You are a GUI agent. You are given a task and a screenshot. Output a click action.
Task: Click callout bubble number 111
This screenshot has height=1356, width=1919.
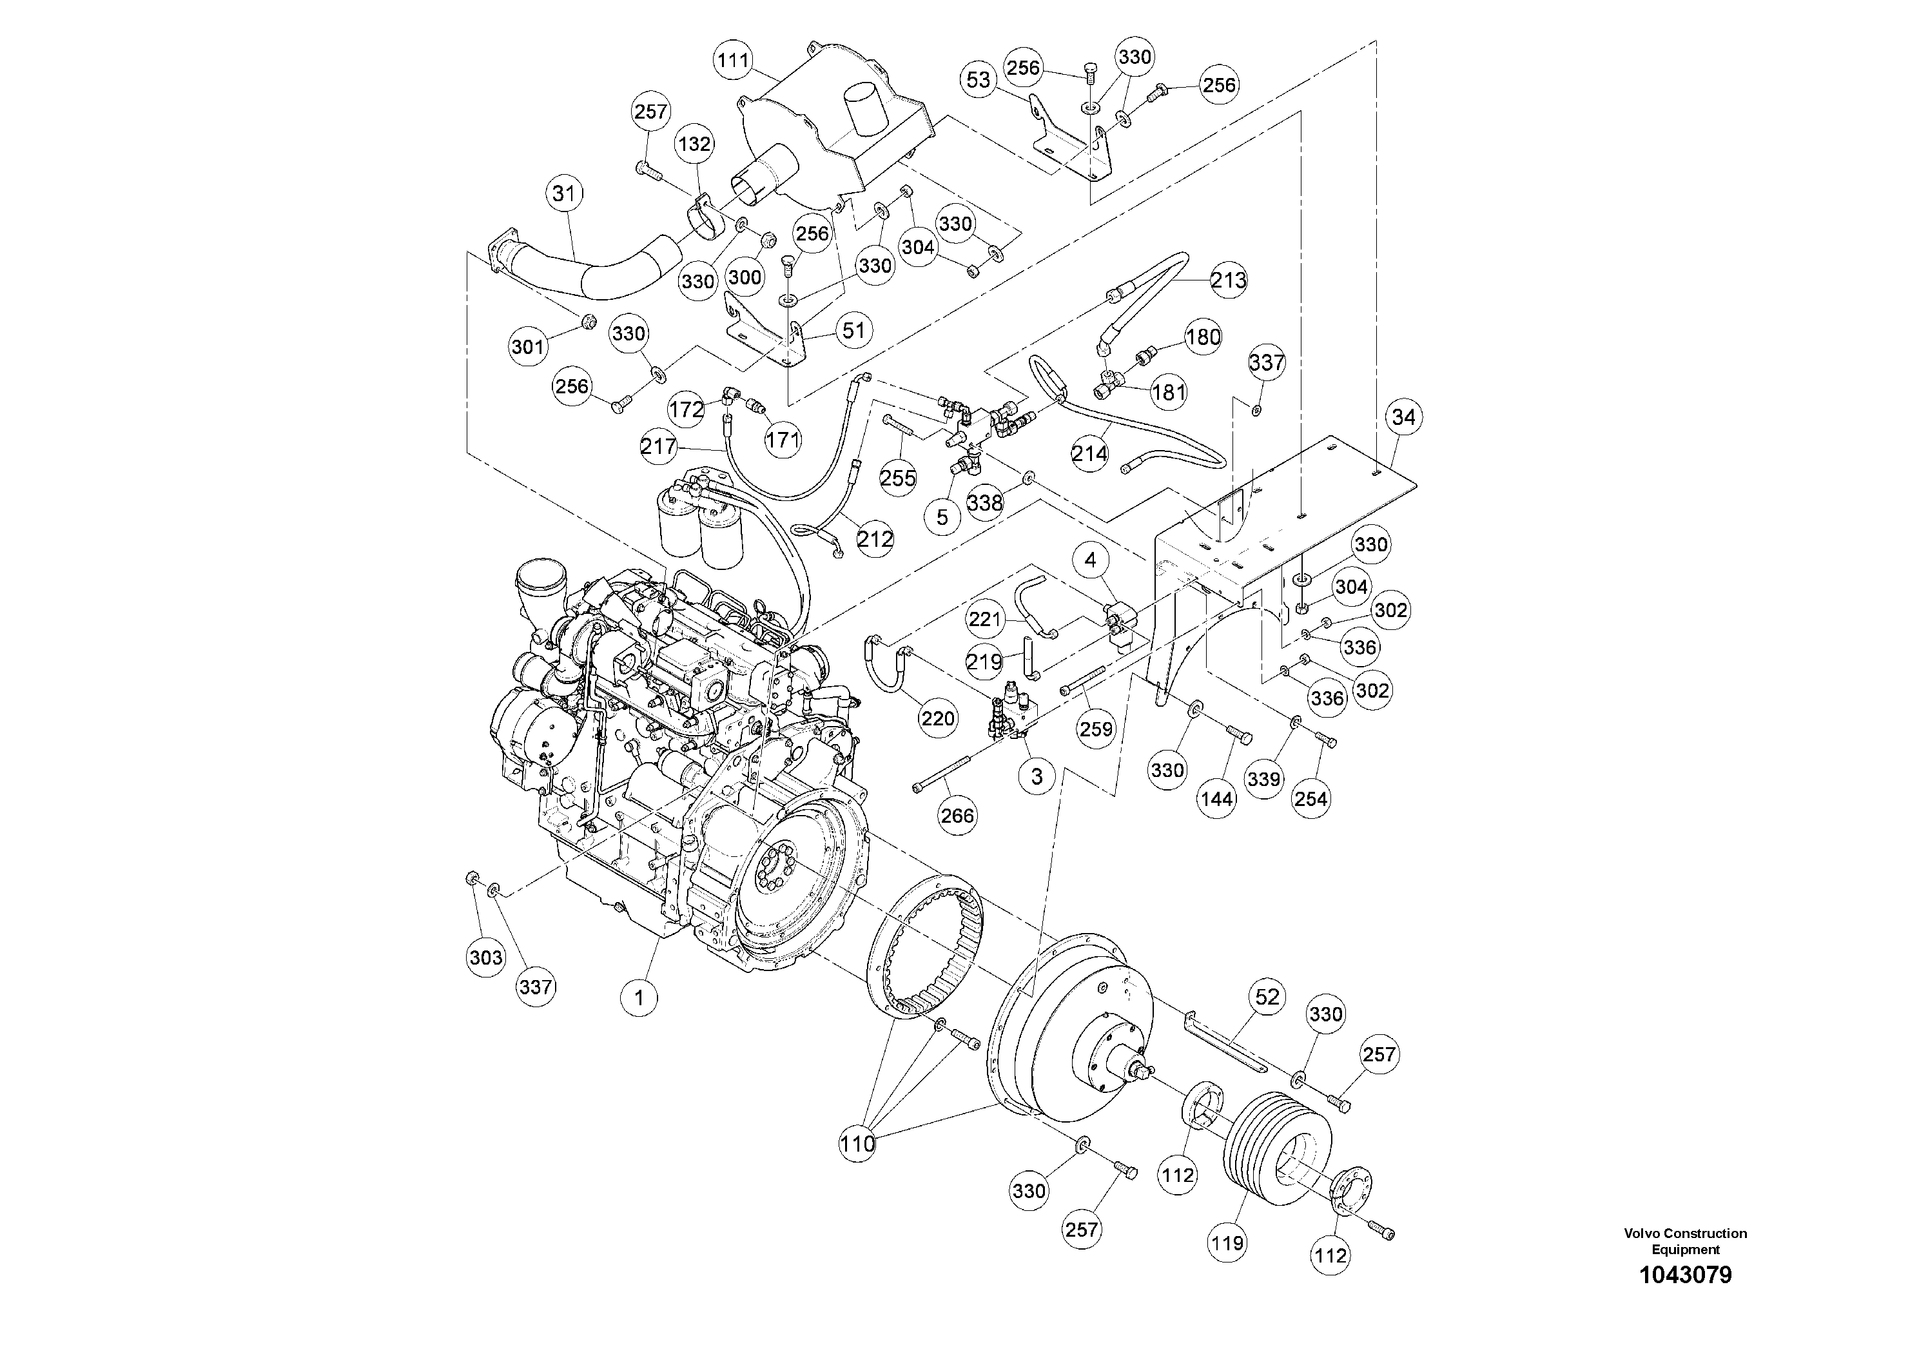tap(733, 60)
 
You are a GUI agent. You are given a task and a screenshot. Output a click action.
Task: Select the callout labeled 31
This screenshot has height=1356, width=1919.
tap(564, 194)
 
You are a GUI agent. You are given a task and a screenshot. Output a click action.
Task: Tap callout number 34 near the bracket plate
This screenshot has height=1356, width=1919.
tap(1404, 417)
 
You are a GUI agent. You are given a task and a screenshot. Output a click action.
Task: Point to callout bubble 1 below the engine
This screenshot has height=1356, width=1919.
tap(639, 997)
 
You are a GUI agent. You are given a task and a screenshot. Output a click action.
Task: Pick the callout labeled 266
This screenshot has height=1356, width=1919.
tap(957, 815)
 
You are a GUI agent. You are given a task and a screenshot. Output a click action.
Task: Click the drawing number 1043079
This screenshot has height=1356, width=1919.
tap(1685, 1299)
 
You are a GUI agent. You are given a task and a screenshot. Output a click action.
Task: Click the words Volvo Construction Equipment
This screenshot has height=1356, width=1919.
tap(1685, 1241)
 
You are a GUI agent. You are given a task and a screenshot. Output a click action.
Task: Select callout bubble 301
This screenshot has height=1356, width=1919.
tap(527, 346)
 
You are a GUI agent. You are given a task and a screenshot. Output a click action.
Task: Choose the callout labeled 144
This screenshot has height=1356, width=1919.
tap(1216, 799)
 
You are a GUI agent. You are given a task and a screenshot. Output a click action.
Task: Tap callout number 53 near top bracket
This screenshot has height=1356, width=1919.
tap(978, 79)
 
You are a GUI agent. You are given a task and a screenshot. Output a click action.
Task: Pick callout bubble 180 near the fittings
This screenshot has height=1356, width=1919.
tap(1203, 337)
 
